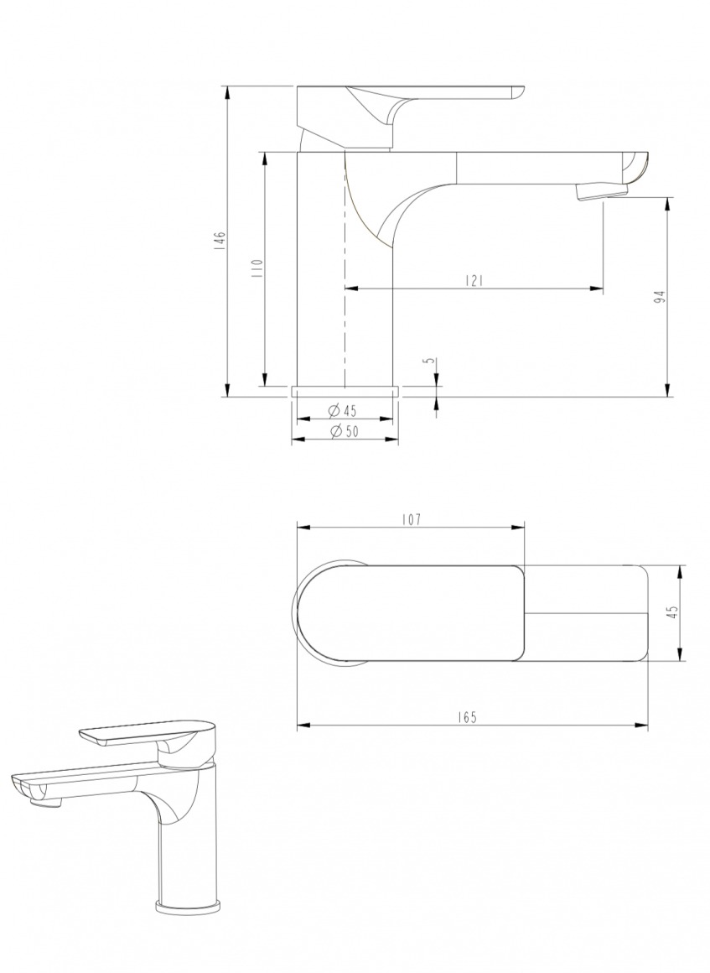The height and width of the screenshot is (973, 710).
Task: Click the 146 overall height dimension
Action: (x=219, y=241)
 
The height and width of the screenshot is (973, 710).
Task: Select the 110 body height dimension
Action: (x=257, y=268)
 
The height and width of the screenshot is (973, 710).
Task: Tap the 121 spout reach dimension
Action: (x=474, y=281)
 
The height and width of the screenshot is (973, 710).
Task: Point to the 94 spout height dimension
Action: (x=661, y=297)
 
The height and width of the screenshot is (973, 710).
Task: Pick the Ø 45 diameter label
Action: (x=342, y=410)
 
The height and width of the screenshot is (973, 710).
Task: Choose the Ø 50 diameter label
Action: (x=344, y=432)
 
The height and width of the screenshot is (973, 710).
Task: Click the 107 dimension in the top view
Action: (x=411, y=519)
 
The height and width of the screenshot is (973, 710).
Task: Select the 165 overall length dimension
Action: (x=469, y=717)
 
